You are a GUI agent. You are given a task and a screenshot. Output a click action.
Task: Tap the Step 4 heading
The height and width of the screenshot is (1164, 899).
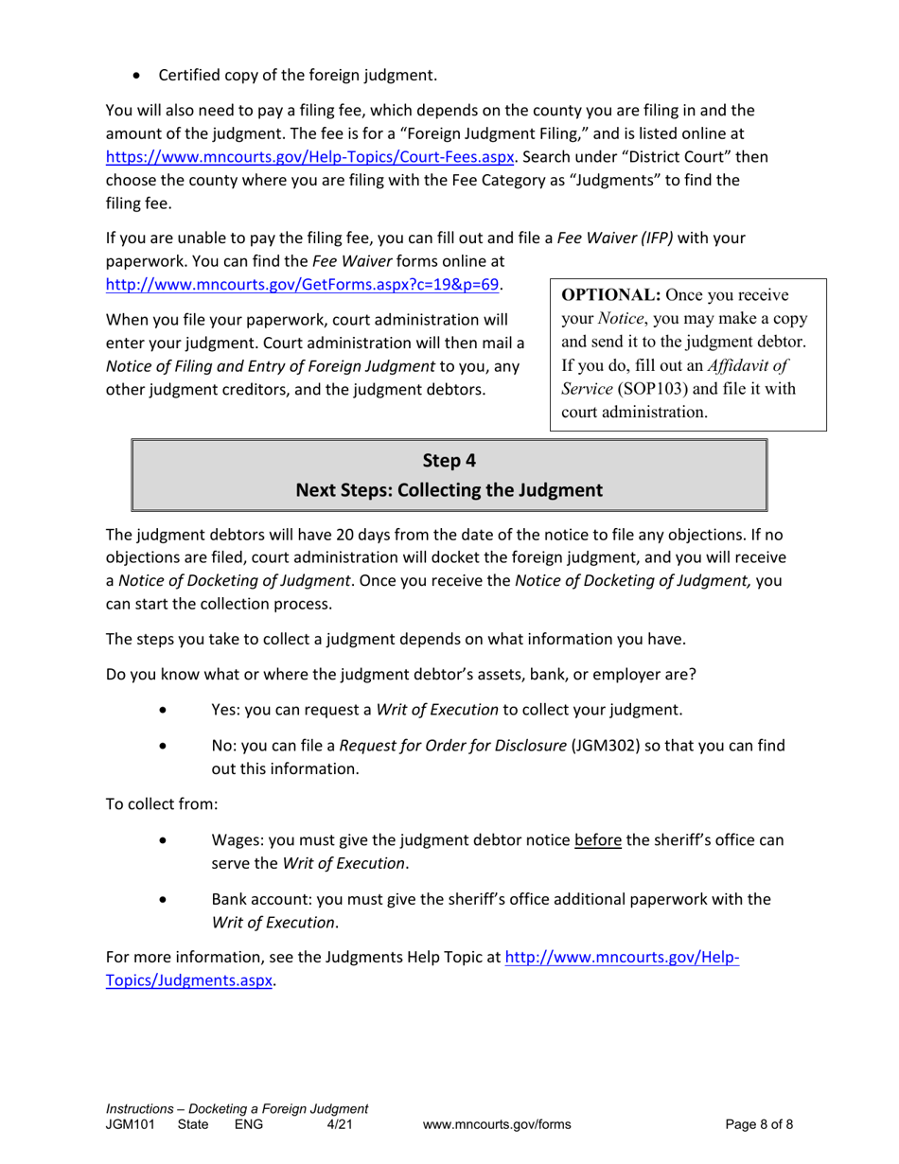point(449,461)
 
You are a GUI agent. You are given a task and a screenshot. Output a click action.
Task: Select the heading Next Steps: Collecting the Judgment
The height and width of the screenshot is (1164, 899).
point(449,490)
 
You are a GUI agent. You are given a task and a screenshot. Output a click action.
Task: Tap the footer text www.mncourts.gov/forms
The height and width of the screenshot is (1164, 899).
point(496,1124)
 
